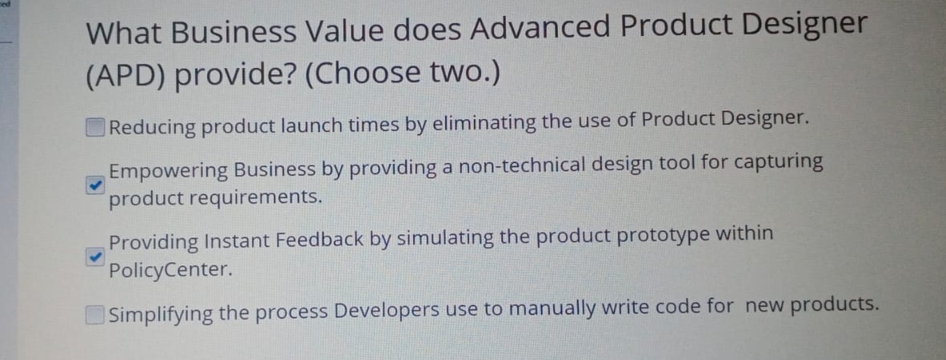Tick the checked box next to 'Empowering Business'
pyautogui.click(x=95, y=185)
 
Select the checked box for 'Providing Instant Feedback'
pyautogui.click(x=95, y=257)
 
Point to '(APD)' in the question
pyautogui.click(x=125, y=75)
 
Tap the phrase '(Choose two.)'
pyautogui.click(x=403, y=74)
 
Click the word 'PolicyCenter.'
pyautogui.click(x=170, y=270)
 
